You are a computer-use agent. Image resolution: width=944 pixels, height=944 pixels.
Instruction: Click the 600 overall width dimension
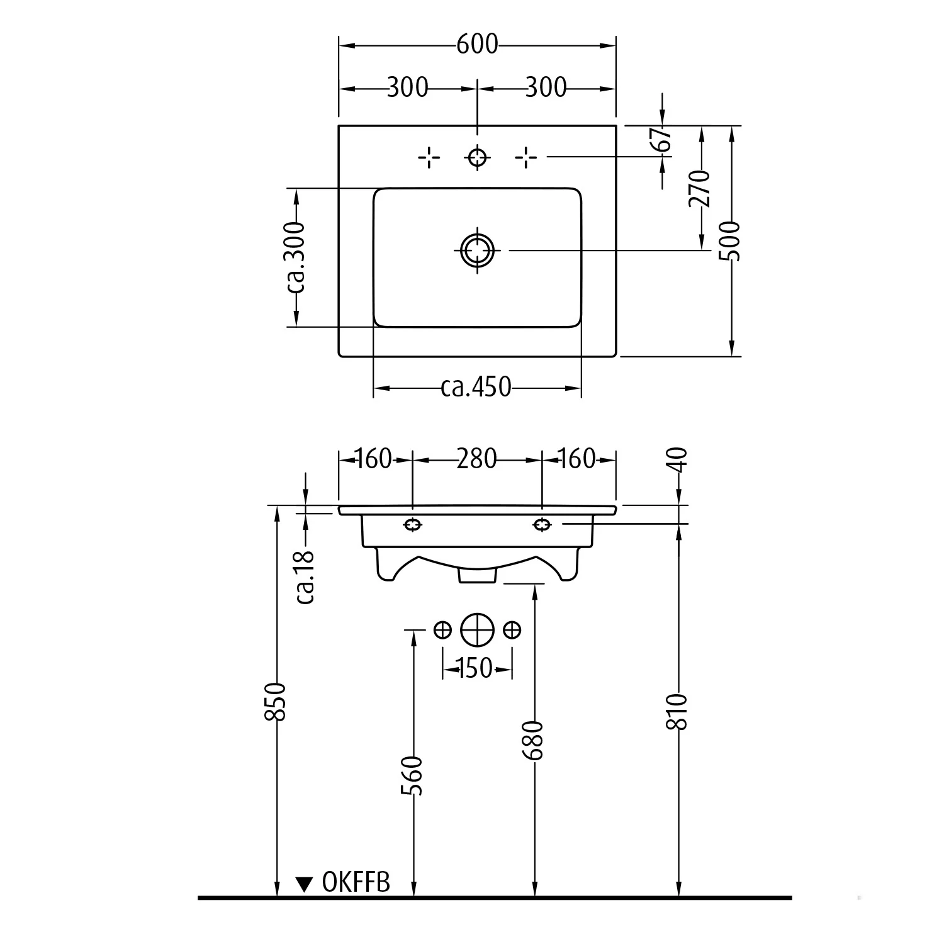tap(477, 44)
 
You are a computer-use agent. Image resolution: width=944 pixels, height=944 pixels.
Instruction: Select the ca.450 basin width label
tap(476, 386)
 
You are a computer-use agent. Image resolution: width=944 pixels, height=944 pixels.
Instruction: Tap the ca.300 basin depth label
tap(295, 257)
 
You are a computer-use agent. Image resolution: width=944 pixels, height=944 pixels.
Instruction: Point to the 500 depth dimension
tap(731, 240)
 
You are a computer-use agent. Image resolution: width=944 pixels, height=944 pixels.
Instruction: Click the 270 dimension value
tap(700, 189)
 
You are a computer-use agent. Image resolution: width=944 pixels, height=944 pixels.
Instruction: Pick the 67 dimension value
tap(662, 139)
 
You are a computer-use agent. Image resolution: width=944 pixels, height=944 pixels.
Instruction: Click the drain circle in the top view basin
tap(477, 250)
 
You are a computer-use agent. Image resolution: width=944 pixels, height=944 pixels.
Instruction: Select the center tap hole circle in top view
tap(477, 157)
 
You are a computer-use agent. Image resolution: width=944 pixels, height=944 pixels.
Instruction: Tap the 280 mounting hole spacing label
tap(476, 459)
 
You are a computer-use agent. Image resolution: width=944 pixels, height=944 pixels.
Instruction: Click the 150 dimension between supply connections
tap(475, 668)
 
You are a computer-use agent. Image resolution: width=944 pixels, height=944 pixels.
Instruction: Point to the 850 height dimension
tap(277, 702)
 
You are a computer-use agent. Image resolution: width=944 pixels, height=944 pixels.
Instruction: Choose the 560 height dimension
tap(412, 775)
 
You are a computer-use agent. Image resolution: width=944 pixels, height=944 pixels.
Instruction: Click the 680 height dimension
tap(534, 740)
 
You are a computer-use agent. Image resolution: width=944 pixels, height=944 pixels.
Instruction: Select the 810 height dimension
tap(678, 711)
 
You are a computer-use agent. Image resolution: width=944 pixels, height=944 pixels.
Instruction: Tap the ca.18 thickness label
tap(305, 576)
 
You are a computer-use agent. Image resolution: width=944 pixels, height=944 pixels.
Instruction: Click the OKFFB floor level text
tap(356, 882)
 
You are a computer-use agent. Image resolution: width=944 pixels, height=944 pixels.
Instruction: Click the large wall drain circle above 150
tap(477, 629)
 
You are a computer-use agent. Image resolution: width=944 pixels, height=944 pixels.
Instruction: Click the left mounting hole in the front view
tap(412, 524)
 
